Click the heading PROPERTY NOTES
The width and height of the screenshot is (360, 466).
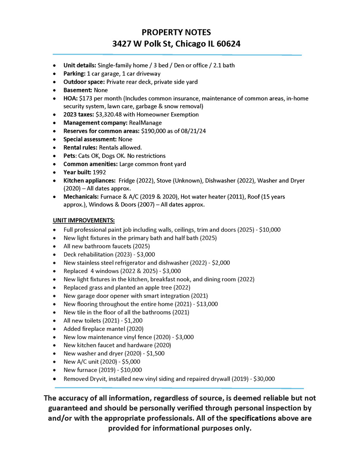tap(177, 33)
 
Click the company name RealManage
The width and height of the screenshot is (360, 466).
tap(144, 123)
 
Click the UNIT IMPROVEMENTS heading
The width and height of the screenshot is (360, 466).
tap(84, 220)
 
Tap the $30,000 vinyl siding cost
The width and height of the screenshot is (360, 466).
tap(264, 379)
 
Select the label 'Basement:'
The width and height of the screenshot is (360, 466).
tap(78, 90)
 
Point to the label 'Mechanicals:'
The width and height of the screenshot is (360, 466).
tap(81, 197)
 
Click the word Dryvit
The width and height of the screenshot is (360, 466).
tap(100, 379)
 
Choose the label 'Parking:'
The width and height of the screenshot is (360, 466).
tap(75, 74)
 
